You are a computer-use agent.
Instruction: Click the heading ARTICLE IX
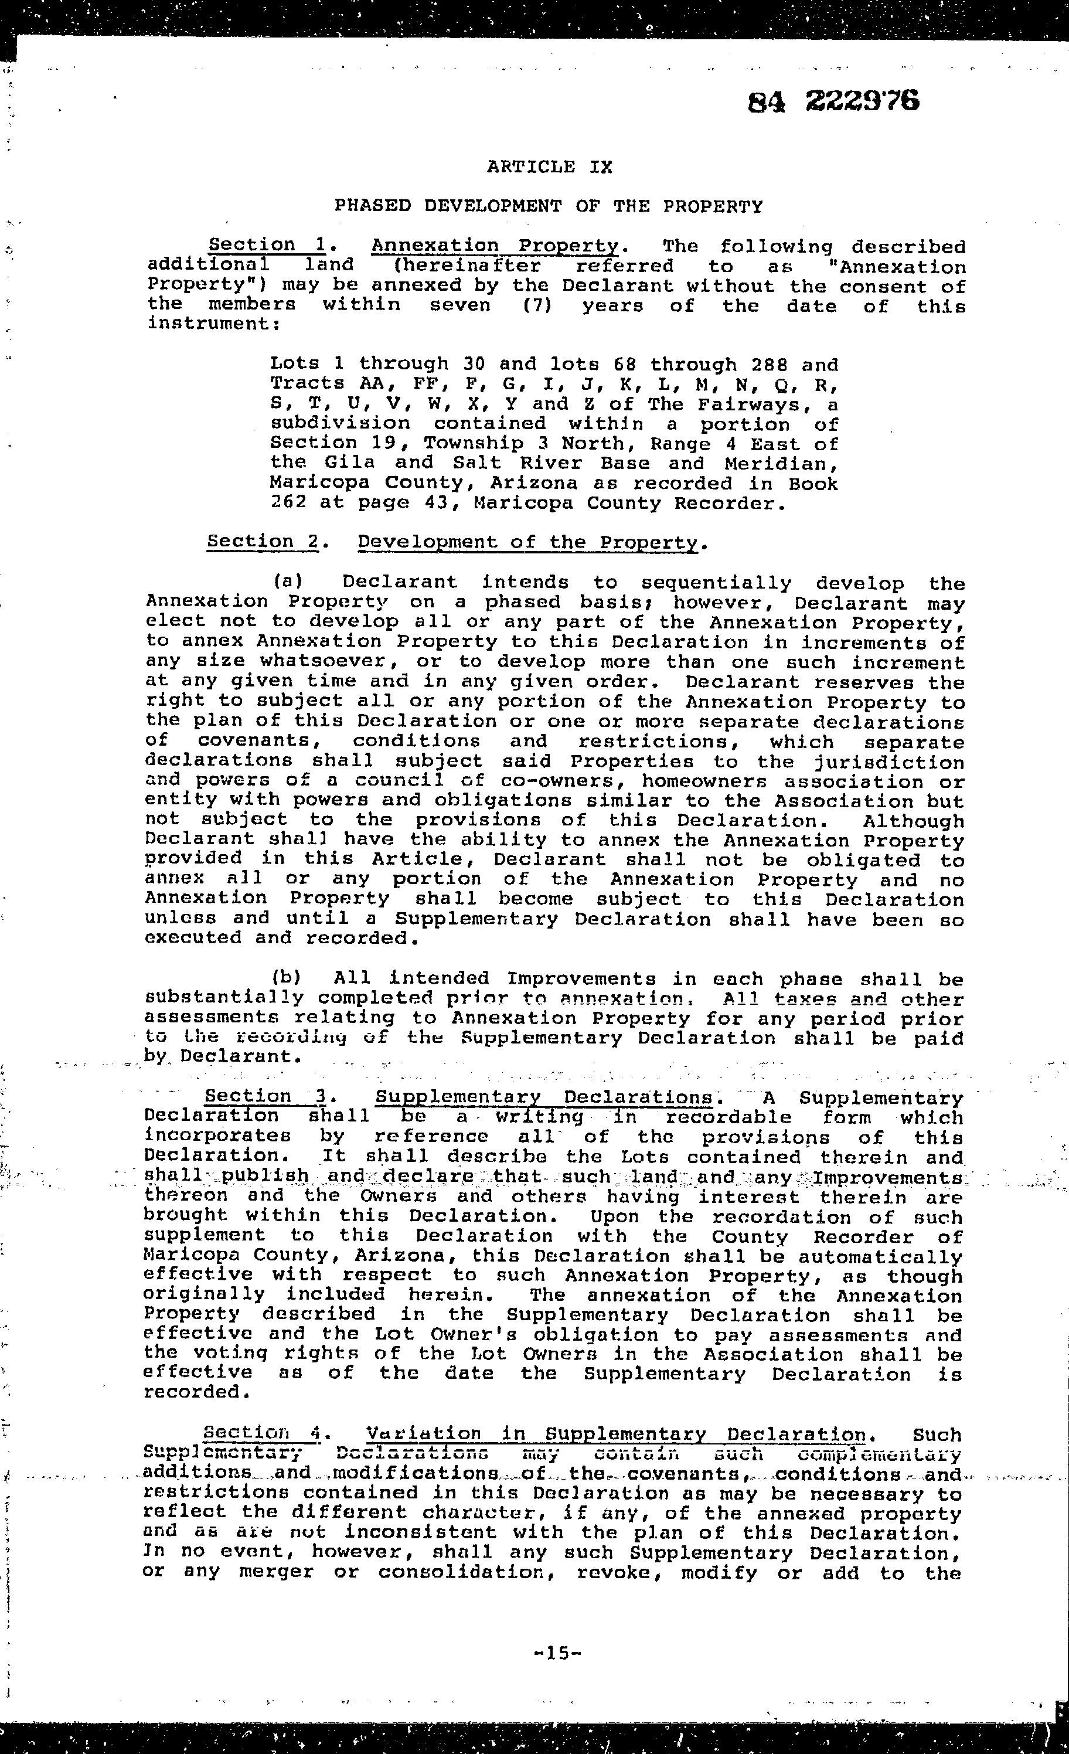(x=550, y=166)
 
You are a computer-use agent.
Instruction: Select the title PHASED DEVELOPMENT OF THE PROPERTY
(x=549, y=206)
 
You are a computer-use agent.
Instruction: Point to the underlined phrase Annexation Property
(x=495, y=246)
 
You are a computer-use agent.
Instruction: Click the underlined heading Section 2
(x=263, y=541)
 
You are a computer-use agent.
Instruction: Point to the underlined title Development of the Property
(x=527, y=542)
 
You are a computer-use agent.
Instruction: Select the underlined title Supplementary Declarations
(x=544, y=1097)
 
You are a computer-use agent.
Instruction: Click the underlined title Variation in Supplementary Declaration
(x=615, y=1435)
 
